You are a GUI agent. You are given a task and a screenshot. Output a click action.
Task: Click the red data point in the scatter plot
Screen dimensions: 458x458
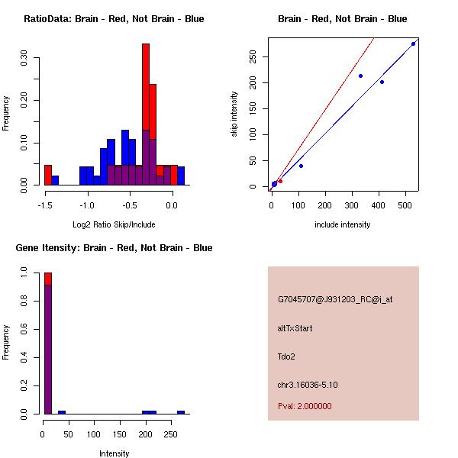280,181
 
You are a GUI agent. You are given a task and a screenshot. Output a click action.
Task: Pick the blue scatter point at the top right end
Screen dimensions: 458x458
413,44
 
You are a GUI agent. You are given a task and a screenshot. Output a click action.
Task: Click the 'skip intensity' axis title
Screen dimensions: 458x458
235,114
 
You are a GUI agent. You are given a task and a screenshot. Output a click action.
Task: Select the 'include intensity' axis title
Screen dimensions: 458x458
343,224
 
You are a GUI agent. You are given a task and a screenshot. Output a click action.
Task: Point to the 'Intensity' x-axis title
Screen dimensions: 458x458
114,453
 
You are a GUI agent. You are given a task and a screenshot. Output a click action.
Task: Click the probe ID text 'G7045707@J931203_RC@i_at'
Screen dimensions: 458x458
335,300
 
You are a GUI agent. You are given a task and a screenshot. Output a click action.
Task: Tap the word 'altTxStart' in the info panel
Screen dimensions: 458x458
295,328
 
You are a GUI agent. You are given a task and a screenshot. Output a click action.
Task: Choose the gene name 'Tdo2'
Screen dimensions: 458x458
286,356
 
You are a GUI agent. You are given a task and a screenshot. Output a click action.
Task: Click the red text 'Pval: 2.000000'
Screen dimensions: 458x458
305,406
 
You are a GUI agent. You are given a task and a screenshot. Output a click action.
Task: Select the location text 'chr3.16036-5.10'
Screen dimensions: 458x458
308,384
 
